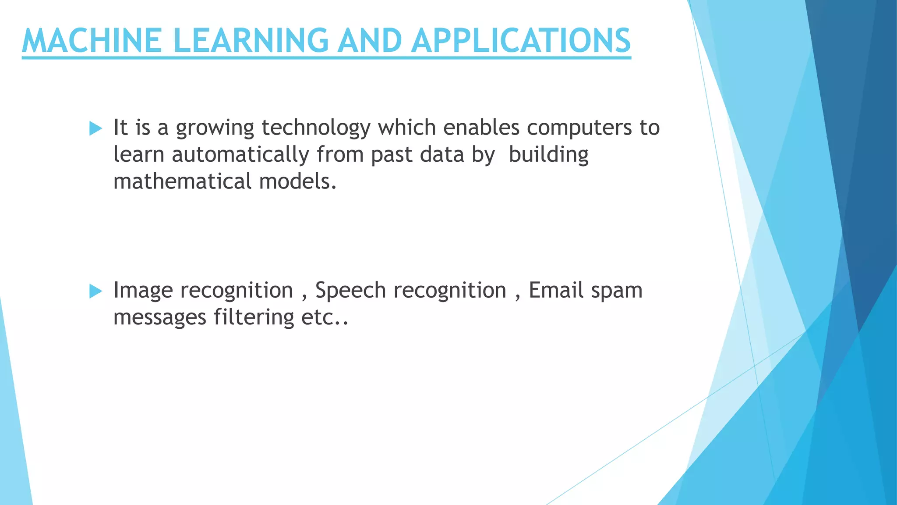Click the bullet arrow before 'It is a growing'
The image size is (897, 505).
(95, 128)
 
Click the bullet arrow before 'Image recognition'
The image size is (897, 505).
(95, 291)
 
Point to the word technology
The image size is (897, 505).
(316, 128)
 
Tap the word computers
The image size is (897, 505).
(579, 128)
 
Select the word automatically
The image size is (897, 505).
(240, 155)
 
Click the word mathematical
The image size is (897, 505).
(182, 181)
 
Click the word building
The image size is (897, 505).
(548, 155)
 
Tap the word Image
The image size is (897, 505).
(143, 291)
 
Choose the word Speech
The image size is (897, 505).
(350, 291)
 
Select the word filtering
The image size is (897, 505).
(254, 317)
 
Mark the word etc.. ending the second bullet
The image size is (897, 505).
(325, 318)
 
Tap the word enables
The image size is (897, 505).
(481, 128)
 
